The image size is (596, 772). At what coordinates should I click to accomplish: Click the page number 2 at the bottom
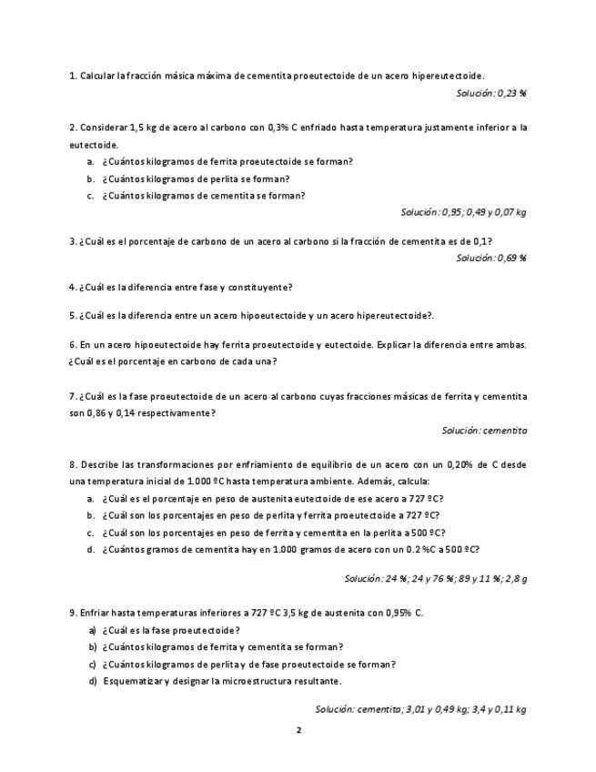298,729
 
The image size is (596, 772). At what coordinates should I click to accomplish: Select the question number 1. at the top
73,76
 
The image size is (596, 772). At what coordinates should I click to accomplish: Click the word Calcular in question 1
97,76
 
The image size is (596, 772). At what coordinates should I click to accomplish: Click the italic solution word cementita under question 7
505,430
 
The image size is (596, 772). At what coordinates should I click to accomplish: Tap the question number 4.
73,287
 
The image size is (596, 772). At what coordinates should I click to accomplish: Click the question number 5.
73,316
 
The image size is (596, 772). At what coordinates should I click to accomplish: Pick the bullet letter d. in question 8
91,549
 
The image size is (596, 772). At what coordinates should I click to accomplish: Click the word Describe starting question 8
101,464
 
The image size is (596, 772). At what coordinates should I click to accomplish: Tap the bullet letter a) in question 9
92,630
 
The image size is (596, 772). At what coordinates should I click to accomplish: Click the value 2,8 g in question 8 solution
516,578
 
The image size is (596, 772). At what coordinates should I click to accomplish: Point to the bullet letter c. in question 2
91,195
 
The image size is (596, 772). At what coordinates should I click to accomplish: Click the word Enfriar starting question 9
96,613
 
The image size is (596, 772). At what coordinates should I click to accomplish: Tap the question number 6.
73,345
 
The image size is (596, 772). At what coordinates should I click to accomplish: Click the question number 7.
73,396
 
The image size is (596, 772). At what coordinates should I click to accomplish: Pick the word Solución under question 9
335,708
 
